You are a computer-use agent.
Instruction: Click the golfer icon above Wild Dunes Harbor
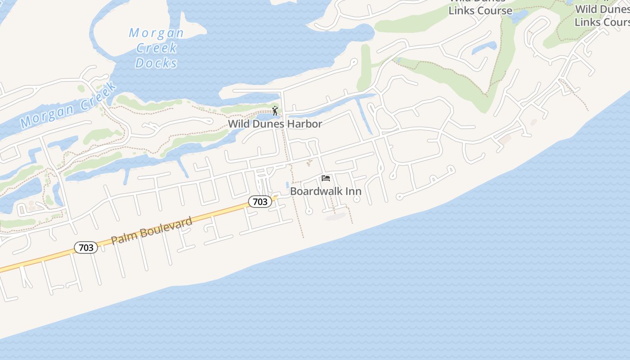pyautogui.click(x=275, y=111)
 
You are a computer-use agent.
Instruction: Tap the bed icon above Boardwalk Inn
pyautogui.click(x=326, y=178)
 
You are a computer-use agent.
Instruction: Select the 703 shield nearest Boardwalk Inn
pyautogui.click(x=260, y=202)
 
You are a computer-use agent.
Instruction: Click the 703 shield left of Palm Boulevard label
pyautogui.click(x=85, y=247)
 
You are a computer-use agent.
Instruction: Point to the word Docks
pyautogui.click(x=156, y=63)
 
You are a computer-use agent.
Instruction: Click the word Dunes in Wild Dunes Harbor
pyautogui.click(x=269, y=124)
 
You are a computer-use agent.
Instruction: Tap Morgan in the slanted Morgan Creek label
pyautogui.click(x=47, y=115)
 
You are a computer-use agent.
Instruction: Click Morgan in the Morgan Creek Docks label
pyautogui.click(x=156, y=33)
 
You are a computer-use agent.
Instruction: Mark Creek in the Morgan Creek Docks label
pyautogui.click(x=156, y=48)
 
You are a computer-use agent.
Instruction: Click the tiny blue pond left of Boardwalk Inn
pyautogui.click(x=287, y=185)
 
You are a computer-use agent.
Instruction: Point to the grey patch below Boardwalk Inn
pyautogui.click(x=336, y=217)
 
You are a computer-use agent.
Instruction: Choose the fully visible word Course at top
pyautogui.click(x=495, y=10)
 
